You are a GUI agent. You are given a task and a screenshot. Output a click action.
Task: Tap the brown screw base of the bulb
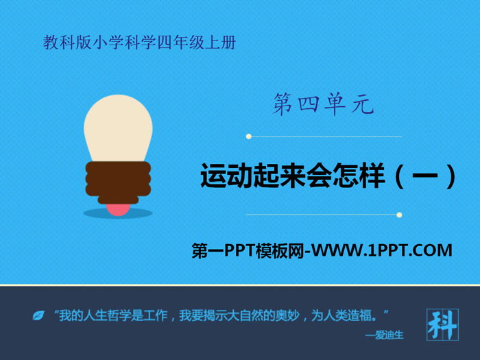coord(118,182)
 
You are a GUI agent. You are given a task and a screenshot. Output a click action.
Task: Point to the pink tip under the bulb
coord(118,210)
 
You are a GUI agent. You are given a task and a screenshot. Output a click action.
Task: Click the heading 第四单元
coord(323,104)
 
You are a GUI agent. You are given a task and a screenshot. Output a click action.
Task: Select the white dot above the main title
coord(248,136)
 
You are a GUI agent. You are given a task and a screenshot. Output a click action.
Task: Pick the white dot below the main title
coord(399,215)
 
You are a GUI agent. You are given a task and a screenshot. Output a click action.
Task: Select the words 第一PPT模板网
coord(248,250)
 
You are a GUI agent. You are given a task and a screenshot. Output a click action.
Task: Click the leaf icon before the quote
coord(38,315)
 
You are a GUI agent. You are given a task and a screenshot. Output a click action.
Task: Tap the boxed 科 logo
coord(443,324)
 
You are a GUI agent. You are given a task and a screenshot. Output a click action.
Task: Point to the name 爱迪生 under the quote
coord(389,335)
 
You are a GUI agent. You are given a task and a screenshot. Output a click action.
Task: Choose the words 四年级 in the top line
coord(180,43)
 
